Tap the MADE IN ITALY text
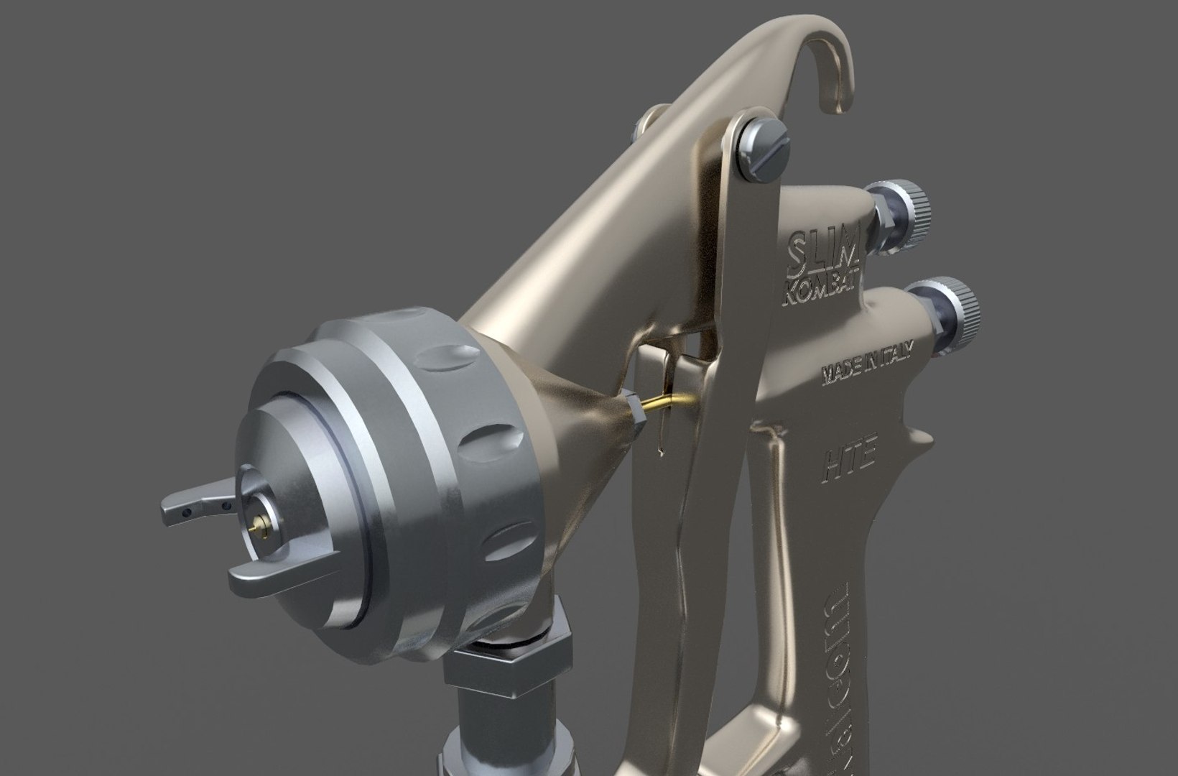pyautogui.click(x=868, y=362)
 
